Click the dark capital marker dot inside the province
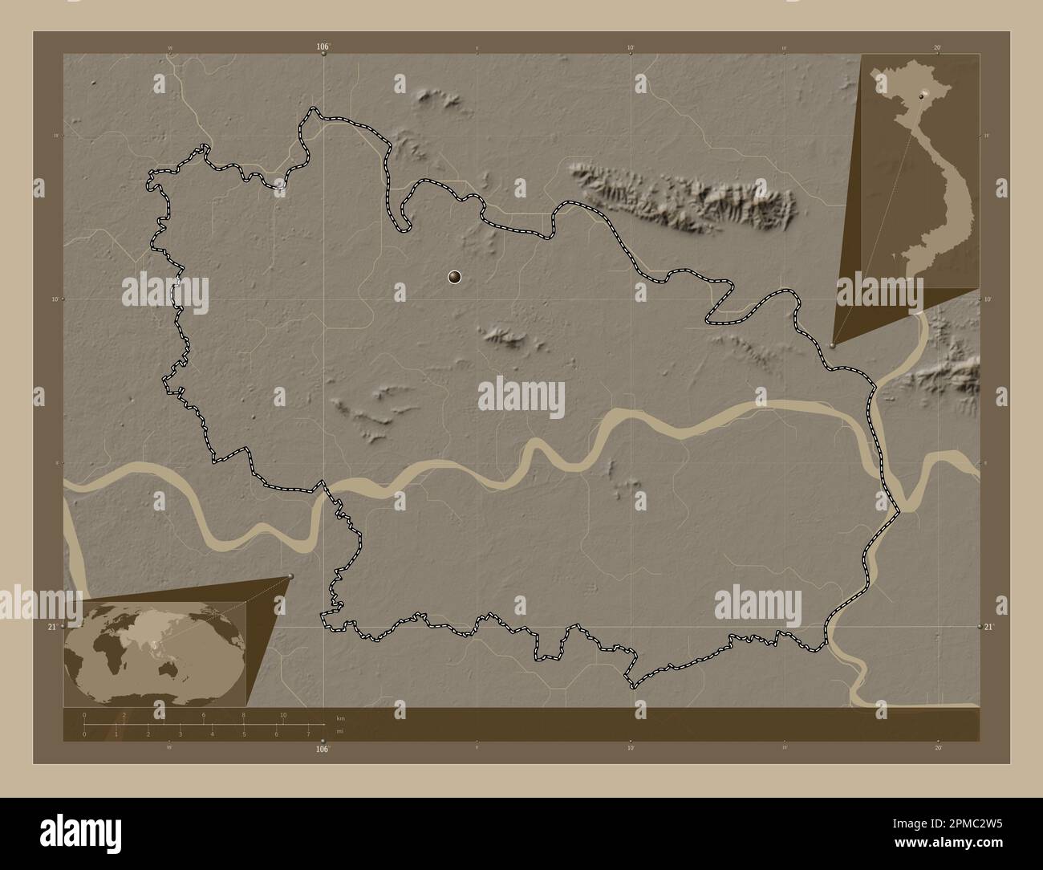pyautogui.click(x=455, y=278)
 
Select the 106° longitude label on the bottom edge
pyautogui.click(x=323, y=750)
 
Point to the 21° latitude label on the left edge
pyautogui.click(x=51, y=626)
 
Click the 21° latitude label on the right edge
pyautogui.click(x=990, y=626)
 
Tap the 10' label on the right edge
pyautogui.click(x=988, y=299)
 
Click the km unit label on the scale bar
pyautogui.click(x=341, y=718)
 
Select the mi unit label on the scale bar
pyautogui.click(x=341, y=732)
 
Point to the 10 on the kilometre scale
pyautogui.click(x=283, y=714)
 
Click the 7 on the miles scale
pyautogui.click(x=308, y=734)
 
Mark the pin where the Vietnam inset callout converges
pyautogui.click(x=833, y=345)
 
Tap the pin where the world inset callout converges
pyautogui.click(x=290, y=576)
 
